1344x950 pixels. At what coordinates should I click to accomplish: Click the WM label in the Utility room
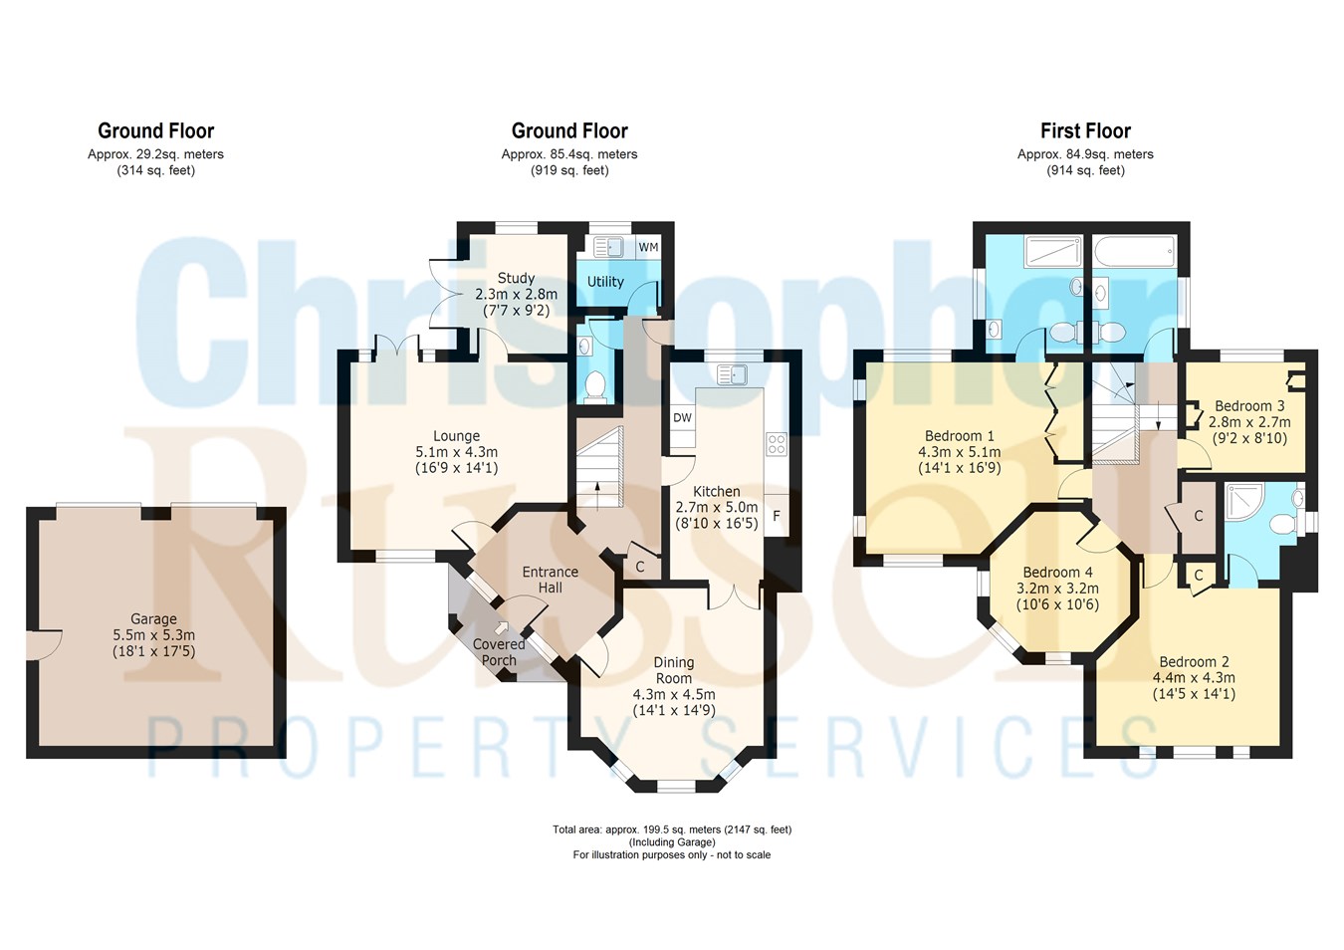click(x=648, y=247)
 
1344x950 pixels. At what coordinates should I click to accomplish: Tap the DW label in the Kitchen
click(x=682, y=417)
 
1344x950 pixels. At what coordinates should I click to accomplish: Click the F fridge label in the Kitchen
click(x=777, y=515)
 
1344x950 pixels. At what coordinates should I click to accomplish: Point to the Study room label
click(x=516, y=278)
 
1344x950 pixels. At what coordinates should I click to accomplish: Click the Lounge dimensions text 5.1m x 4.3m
click(x=457, y=452)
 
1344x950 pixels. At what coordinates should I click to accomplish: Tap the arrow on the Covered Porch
click(x=501, y=627)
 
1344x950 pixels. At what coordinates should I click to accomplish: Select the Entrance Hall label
click(x=551, y=580)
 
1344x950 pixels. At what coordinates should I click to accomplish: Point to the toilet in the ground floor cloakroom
click(x=595, y=384)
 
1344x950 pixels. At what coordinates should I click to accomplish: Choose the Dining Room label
click(x=674, y=670)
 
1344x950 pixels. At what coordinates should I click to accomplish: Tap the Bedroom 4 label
click(x=1058, y=572)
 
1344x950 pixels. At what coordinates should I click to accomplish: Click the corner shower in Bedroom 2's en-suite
click(x=1244, y=503)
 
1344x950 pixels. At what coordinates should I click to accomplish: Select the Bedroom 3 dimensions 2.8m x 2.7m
click(x=1249, y=422)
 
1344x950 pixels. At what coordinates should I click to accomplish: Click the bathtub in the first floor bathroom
click(x=1133, y=252)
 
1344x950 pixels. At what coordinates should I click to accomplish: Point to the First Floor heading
click(x=1085, y=130)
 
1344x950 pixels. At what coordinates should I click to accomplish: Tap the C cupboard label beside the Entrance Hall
click(x=639, y=567)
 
